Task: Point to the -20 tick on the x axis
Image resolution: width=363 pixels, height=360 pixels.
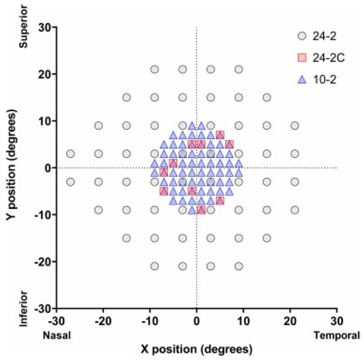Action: click(103, 320)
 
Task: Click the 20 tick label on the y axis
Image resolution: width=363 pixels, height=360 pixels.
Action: click(44, 74)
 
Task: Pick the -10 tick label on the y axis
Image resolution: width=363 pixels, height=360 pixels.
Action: click(42, 215)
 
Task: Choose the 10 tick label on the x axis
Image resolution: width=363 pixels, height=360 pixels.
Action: click(244, 320)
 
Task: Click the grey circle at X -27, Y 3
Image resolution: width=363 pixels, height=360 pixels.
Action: click(70, 154)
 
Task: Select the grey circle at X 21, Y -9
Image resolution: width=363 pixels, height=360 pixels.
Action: click(295, 210)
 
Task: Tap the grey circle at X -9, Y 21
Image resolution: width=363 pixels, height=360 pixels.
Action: click(154, 69)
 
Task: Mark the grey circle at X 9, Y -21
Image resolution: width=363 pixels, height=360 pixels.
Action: click(239, 266)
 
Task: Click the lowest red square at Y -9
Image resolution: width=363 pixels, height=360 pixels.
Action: click(201, 210)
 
